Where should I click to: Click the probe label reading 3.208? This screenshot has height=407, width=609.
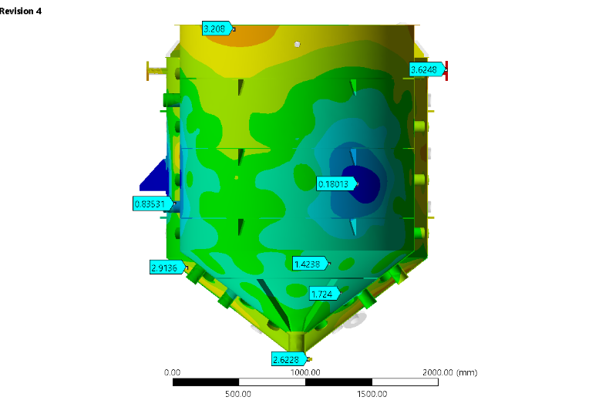217,29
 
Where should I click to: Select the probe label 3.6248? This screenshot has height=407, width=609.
426,70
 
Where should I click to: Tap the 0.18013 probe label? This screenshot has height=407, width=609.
336,184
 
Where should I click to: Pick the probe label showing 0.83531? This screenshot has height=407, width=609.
153,204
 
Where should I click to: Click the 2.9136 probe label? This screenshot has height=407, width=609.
167,267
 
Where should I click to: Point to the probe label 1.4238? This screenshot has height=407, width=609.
310,264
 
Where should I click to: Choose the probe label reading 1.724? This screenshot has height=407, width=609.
325,294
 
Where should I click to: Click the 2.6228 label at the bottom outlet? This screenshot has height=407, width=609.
289,359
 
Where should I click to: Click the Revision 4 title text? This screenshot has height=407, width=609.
21,11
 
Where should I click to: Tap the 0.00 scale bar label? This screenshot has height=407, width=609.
172,372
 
